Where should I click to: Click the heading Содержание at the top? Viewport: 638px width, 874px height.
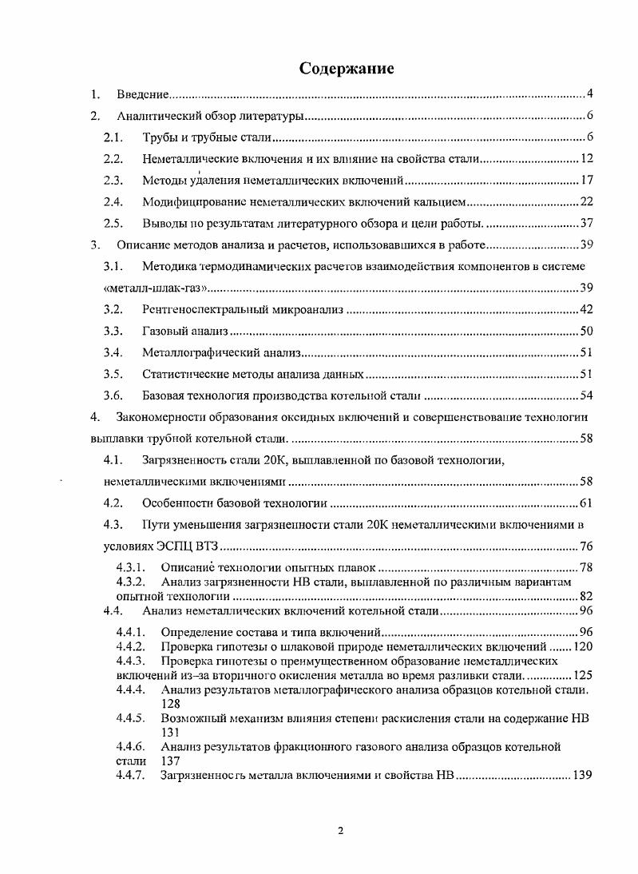[347, 68]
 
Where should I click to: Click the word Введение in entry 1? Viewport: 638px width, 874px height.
[141, 95]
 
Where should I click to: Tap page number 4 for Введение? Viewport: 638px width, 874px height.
[588, 94]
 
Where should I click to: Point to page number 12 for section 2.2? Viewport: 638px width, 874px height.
[585, 158]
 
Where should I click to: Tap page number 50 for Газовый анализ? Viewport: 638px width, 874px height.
[585, 330]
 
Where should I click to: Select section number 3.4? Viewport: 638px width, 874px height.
[113, 352]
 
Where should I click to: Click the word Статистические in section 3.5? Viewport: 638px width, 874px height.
[180, 373]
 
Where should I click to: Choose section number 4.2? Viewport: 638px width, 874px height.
[113, 503]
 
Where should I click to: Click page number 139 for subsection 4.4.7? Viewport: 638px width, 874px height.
[581, 775]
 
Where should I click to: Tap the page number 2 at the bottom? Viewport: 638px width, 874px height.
[341, 831]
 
